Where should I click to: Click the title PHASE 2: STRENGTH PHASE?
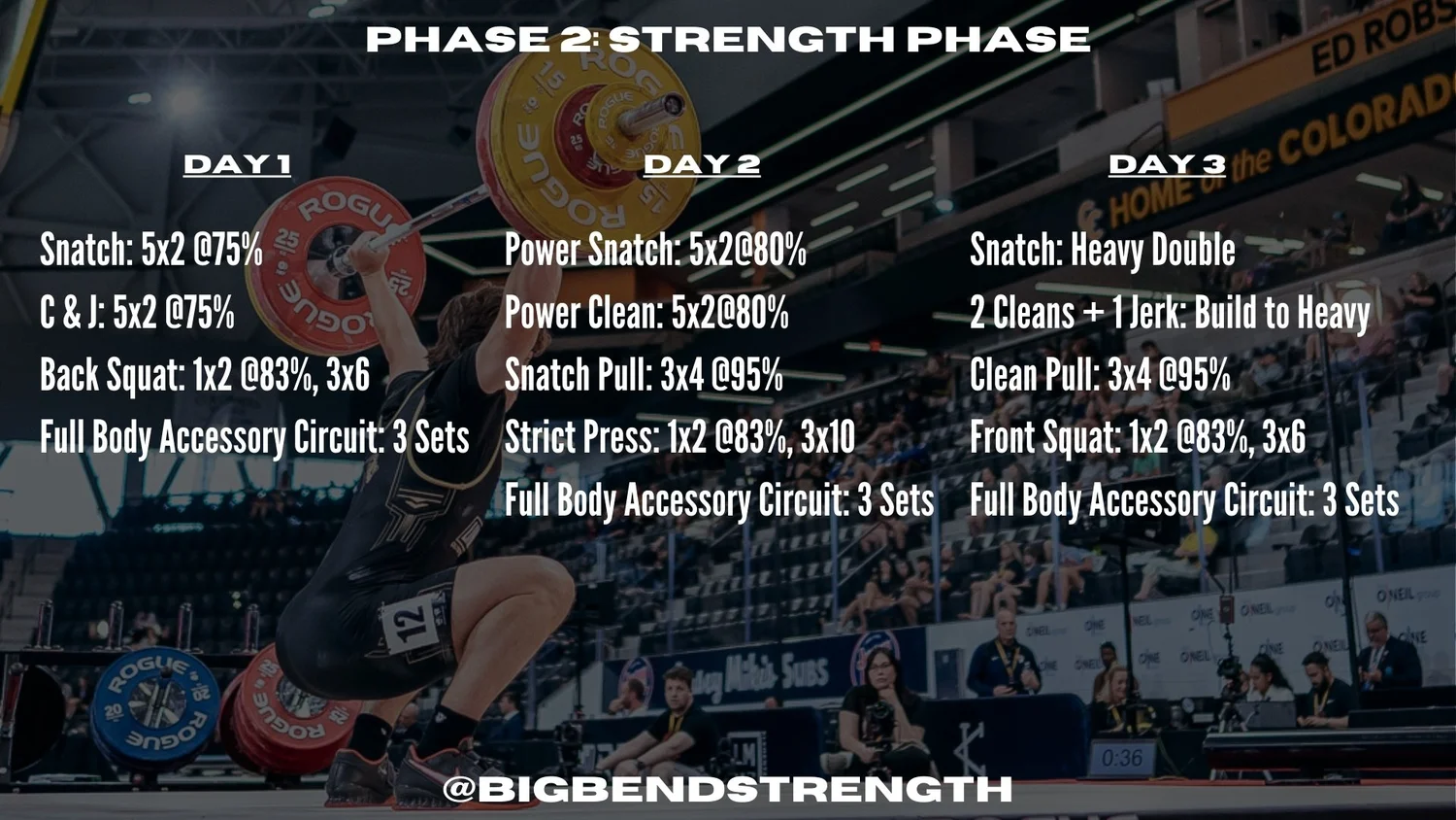[x=728, y=40]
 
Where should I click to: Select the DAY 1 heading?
[x=237, y=165]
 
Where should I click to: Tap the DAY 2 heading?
[x=701, y=165]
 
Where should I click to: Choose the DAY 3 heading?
[x=1167, y=165]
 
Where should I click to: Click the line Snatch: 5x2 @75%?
[x=151, y=251]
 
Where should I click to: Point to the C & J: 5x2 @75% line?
[x=137, y=313]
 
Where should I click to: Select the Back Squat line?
[x=205, y=376]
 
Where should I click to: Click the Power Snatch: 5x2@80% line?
[x=655, y=251]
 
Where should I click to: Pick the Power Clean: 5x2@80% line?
[x=646, y=313]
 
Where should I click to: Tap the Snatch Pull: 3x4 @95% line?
[x=644, y=376]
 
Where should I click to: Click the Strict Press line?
[x=679, y=438]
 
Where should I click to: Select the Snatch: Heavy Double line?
[x=1103, y=251]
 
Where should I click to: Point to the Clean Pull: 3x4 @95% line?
[x=1100, y=376]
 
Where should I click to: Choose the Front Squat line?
[x=1138, y=438]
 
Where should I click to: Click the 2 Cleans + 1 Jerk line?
[x=1170, y=313]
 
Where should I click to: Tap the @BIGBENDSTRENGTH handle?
[x=728, y=789]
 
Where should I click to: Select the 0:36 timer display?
[x=1122, y=758]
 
